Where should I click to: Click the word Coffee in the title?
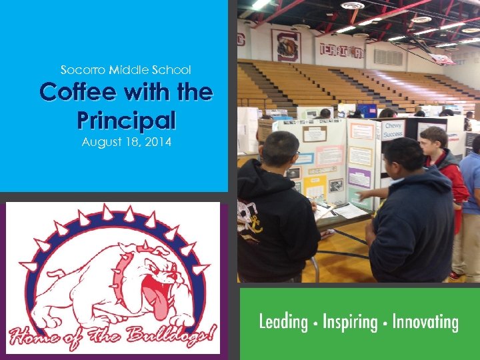pyautogui.click(x=73, y=91)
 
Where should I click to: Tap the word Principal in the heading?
pyautogui.click(x=126, y=120)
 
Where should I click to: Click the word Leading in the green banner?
pyautogui.click(x=283, y=323)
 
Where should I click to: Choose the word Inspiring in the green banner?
pyautogui.click(x=350, y=323)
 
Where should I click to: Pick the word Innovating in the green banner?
pyautogui.click(x=425, y=323)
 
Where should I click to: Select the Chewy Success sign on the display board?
pyautogui.click(x=394, y=129)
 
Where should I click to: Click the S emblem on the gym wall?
pyautogui.click(x=286, y=45)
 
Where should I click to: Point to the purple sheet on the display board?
pyautogui.click(x=359, y=178)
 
